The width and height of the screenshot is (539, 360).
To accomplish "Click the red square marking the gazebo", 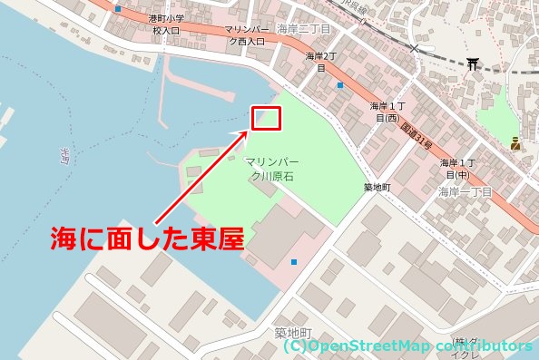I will (268, 118).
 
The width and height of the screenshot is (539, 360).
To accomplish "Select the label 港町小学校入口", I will (166, 24).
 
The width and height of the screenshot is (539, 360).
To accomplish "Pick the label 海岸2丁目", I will (321, 62).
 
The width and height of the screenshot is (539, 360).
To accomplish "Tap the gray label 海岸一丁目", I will (465, 192).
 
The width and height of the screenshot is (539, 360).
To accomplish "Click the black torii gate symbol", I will (473, 64).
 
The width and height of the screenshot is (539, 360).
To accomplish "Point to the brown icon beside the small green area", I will (514, 143).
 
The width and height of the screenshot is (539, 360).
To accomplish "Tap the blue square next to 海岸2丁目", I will (339, 85).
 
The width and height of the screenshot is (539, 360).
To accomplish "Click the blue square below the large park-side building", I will (293, 263).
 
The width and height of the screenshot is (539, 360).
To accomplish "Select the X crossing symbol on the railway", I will (415, 47).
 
